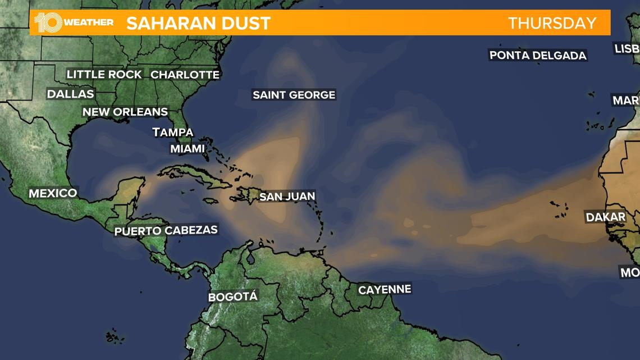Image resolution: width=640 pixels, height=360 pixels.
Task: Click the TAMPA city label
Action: (173, 133)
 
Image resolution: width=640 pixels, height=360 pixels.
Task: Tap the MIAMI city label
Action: (188, 149)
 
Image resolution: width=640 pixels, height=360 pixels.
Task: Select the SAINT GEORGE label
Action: (294, 95)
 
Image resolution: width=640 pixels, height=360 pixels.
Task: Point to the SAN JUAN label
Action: (287, 197)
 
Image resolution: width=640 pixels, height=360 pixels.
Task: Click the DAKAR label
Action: (605, 217)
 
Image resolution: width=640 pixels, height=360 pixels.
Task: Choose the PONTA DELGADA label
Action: (537, 55)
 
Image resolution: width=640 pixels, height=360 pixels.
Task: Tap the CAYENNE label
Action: (385, 290)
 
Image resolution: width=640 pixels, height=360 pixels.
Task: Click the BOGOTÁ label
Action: (232, 297)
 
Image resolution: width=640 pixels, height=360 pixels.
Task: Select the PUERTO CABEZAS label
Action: (166, 230)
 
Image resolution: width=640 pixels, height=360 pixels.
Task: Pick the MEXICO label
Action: (53, 193)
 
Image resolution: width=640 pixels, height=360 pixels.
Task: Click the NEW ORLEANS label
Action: (125, 112)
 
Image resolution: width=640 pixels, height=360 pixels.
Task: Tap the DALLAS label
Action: (70, 94)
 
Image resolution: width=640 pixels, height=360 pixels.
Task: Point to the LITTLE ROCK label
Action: (104, 74)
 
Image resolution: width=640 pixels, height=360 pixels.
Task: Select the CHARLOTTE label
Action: (185, 74)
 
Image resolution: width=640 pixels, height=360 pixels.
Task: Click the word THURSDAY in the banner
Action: (552, 23)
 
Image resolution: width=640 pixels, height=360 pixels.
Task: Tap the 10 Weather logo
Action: (73, 22)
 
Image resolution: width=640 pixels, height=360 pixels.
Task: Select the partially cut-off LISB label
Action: (627, 49)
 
